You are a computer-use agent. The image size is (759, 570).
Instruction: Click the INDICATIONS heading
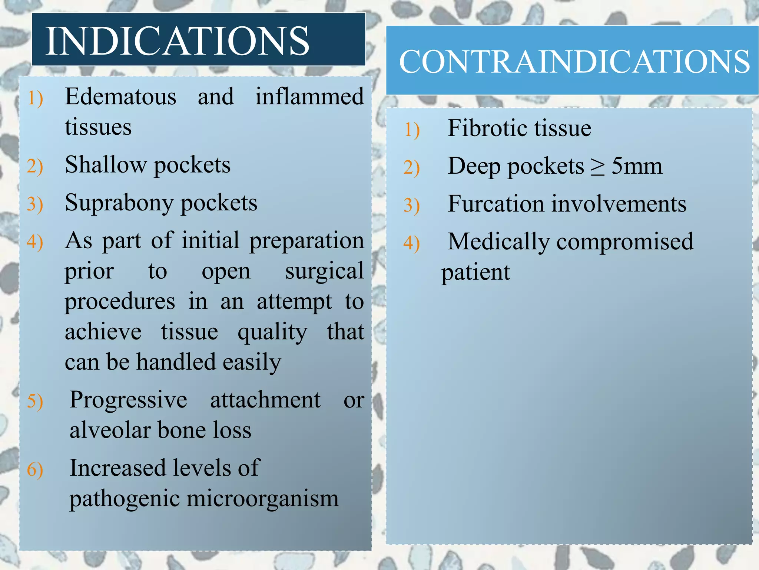coord(177,41)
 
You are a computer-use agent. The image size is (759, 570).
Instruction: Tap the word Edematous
coord(120,97)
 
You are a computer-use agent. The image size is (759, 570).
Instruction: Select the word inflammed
coord(309,97)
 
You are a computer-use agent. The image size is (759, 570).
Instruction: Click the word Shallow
coord(106,165)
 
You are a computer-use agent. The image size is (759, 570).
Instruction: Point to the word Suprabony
coord(119,203)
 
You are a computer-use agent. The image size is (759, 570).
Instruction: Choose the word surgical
coord(324,271)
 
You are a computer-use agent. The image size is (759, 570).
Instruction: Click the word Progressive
coord(128,400)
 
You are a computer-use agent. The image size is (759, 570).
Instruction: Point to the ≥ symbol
coord(597,167)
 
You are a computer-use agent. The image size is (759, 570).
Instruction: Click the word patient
coord(475,273)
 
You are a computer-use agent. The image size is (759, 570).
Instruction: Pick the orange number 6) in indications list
coord(35,470)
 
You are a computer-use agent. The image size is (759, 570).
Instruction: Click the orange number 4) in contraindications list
coord(412,243)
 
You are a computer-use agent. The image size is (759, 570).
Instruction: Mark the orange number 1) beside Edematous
coord(35,99)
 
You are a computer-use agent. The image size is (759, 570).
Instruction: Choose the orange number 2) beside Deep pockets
coord(412,168)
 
